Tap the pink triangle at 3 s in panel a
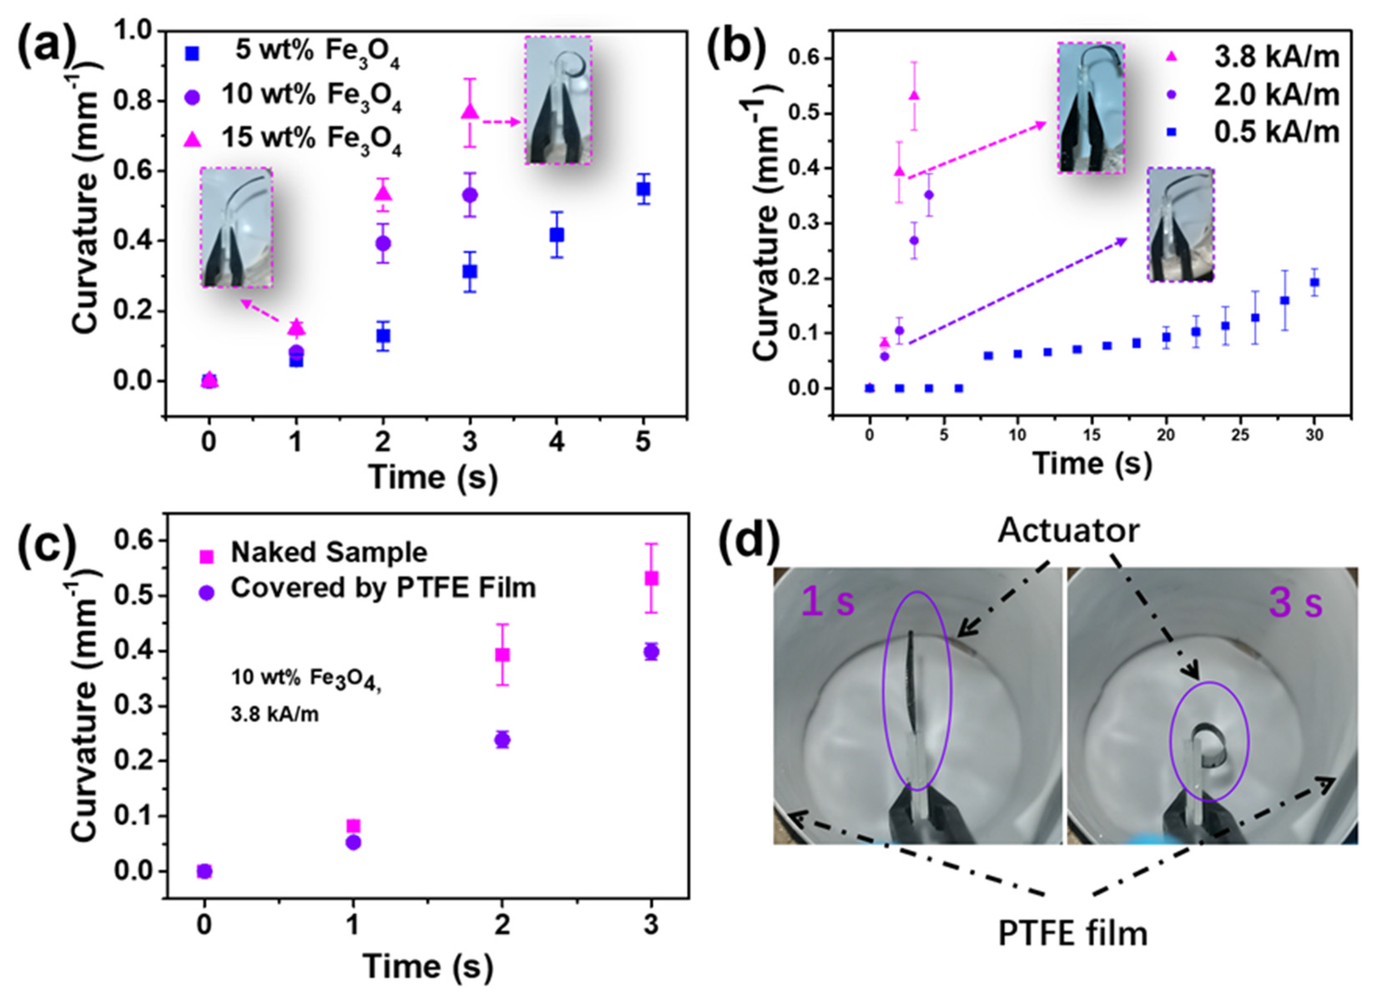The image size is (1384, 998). coord(469,111)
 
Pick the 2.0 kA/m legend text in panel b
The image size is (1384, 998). coord(1276,95)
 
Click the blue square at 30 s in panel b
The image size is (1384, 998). coord(1314,282)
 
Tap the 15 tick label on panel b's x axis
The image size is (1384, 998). coord(1092,435)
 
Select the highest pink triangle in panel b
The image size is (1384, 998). coord(913,95)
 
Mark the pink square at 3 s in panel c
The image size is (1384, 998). coord(651,578)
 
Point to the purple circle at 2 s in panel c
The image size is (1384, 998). coord(502,740)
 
